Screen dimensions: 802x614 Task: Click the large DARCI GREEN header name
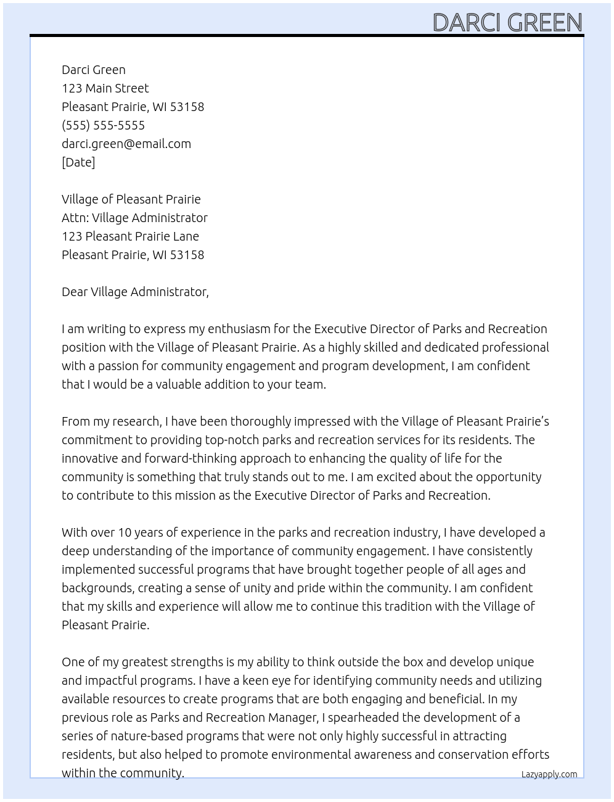pos(507,22)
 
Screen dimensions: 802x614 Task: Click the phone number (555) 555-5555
pos(103,125)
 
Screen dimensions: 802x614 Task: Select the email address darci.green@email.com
pos(126,144)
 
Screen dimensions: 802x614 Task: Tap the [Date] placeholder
pos(78,162)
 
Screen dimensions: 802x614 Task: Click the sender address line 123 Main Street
pos(105,88)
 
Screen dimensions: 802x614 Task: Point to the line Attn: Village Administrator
pos(134,218)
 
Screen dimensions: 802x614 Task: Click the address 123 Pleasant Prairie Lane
pos(130,236)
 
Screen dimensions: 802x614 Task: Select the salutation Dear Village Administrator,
pos(135,292)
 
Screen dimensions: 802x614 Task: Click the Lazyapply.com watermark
pos(549,774)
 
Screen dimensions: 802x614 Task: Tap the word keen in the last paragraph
pos(264,680)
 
